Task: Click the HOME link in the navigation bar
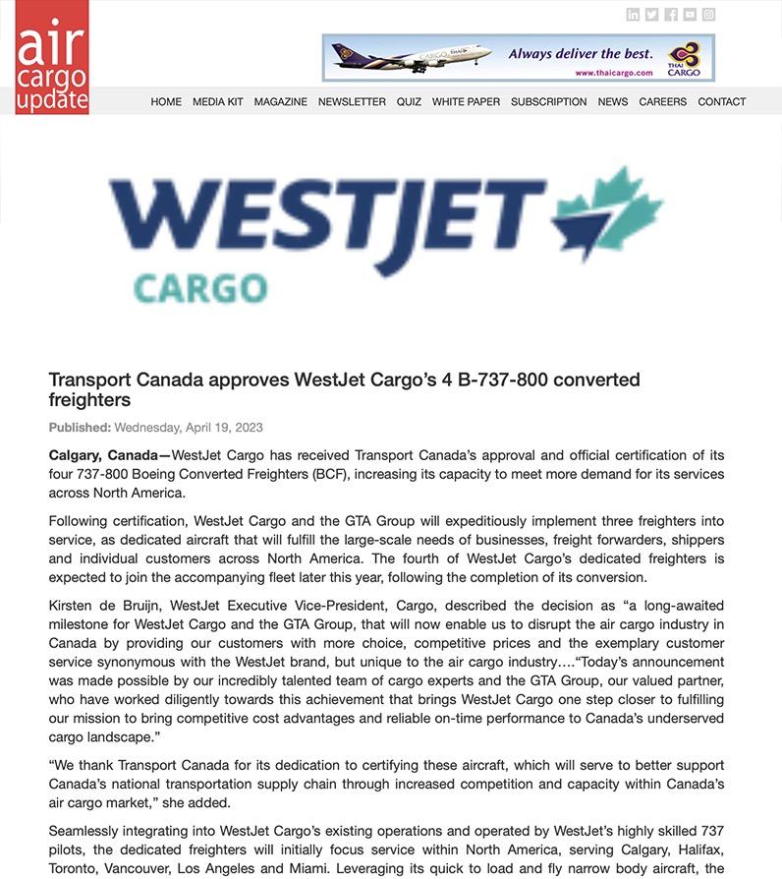[x=166, y=101]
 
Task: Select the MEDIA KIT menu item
[x=217, y=101]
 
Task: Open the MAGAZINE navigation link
[x=280, y=101]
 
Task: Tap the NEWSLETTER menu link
[x=352, y=101]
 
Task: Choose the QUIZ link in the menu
[x=409, y=101]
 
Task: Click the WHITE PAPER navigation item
[x=466, y=101]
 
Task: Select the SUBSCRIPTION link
[x=548, y=101]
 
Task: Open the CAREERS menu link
[x=662, y=101]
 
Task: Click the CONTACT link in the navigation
[x=721, y=101]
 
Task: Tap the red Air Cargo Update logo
[x=52, y=57]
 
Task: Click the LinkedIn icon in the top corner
[x=633, y=15]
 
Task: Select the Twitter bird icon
[x=651, y=15]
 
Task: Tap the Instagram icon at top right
[x=708, y=15]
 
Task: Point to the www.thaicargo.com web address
[x=614, y=73]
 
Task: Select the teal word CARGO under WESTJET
[x=199, y=289]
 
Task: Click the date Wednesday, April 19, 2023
[x=189, y=428]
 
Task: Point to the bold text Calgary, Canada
[x=103, y=455]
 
